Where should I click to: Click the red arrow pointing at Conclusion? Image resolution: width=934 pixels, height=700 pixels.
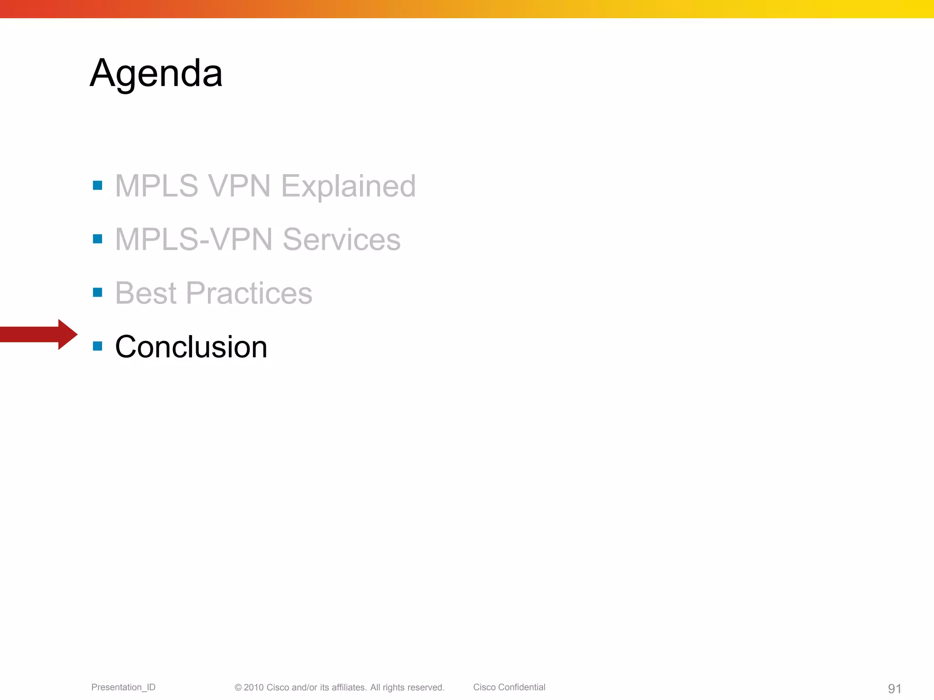[39, 335]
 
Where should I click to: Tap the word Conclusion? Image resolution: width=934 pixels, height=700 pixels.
[191, 347]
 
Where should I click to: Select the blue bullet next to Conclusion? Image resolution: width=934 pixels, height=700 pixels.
[97, 346]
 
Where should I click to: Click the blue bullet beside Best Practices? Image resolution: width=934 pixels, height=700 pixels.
[97, 292]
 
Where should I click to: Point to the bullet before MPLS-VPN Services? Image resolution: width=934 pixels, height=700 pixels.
[97, 239]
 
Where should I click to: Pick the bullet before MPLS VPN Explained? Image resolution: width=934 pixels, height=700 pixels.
[97, 185]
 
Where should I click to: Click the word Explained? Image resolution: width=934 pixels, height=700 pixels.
[348, 186]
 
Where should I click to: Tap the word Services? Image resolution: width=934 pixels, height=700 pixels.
[341, 239]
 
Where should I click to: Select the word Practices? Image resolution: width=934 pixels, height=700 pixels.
[249, 293]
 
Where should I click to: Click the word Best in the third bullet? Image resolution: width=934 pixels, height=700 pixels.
[145, 293]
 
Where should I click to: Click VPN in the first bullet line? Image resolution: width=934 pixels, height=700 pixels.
[239, 186]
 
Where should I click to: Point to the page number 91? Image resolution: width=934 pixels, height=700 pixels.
[894, 689]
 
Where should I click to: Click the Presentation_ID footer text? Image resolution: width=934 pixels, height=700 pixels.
[123, 687]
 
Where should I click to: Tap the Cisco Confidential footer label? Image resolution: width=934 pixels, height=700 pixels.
[509, 687]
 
